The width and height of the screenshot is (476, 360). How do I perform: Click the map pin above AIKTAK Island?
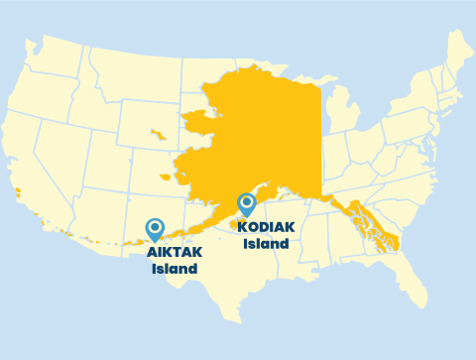pos(155,229)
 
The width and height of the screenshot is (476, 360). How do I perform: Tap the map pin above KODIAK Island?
pos(247,204)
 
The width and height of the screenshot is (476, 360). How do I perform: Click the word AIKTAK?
pos(175,252)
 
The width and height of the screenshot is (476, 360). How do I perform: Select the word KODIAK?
pos(267,227)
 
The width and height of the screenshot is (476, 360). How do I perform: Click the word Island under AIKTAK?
pos(175,269)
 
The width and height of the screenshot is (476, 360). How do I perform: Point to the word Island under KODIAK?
pos(267,244)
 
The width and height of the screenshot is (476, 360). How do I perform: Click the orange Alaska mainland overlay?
pos(258,129)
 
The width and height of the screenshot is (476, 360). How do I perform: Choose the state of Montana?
pos(134,74)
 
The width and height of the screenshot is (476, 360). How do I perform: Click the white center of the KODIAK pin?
pos(247,201)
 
